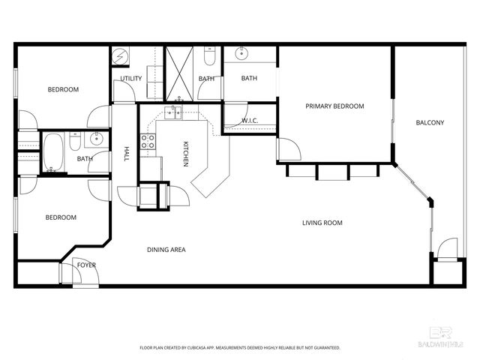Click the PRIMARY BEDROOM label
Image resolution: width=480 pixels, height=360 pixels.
tap(334, 106)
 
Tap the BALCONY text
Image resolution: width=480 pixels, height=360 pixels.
tap(430, 123)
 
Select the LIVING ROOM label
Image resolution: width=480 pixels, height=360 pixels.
tap(322, 223)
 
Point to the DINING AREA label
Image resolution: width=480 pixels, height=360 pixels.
tap(166, 250)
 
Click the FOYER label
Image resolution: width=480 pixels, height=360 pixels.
tap(86, 265)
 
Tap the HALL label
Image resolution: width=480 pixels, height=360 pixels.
tap(127, 154)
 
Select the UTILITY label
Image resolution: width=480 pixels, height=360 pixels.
tap(132, 79)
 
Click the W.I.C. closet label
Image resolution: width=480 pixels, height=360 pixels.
tap(250, 121)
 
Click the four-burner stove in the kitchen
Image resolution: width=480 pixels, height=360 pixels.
tap(148, 142)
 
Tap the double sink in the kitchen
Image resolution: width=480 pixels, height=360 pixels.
tap(174, 112)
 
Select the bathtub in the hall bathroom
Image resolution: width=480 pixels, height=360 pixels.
tap(53, 151)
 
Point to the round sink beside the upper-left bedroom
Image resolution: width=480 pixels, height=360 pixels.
tap(97, 139)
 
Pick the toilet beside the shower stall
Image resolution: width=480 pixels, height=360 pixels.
tap(209, 57)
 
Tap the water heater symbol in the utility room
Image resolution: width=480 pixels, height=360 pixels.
tap(120, 56)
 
